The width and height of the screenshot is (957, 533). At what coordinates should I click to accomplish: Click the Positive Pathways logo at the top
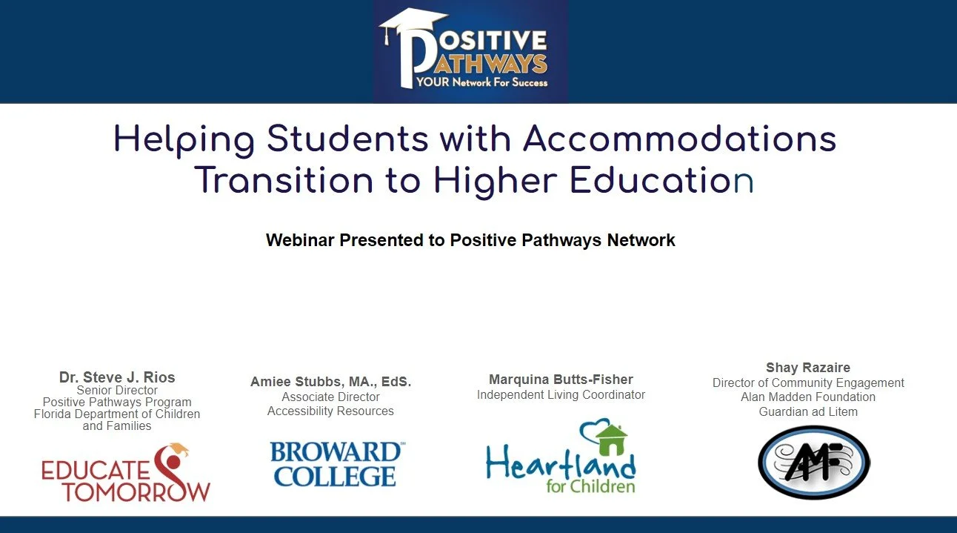[x=470, y=50]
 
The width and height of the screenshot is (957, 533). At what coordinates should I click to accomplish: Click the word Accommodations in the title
[x=679, y=139]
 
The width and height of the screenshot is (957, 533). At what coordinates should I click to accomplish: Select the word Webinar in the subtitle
[x=300, y=240]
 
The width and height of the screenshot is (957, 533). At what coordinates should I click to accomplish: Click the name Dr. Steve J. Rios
[x=117, y=377]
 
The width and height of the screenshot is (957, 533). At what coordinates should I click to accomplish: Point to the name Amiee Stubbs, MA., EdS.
[x=330, y=383]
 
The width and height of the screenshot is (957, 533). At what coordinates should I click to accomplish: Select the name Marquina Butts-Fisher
[x=561, y=380]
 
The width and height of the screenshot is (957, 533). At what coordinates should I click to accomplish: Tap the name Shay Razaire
[x=808, y=368]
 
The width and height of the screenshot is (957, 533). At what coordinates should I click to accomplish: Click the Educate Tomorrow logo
[x=126, y=474]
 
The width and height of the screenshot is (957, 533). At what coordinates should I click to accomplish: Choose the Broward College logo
[x=336, y=464]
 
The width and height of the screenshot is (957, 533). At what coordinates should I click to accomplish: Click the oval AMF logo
[x=813, y=463]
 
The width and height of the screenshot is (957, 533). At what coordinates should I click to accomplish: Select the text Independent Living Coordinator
[x=561, y=395]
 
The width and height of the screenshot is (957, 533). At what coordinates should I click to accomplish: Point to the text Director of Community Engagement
[x=808, y=383]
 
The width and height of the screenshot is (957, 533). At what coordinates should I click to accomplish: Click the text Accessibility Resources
[x=330, y=411]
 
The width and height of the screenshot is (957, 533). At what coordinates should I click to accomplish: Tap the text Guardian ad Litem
[x=808, y=411]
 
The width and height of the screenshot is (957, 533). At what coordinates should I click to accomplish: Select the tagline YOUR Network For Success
[x=481, y=82]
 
